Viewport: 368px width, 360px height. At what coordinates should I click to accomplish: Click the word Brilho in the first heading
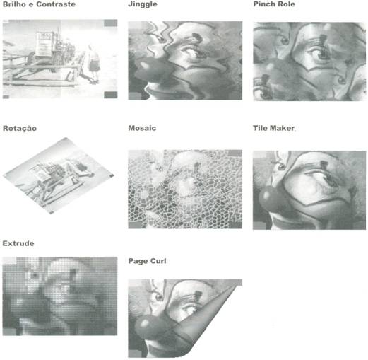[14, 4]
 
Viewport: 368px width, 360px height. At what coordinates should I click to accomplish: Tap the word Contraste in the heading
[56, 4]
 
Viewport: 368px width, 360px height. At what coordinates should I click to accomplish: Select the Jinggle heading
[143, 4]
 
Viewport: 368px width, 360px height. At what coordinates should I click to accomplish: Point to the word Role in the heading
[286, 4]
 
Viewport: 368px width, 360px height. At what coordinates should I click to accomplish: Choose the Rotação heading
[20, 129]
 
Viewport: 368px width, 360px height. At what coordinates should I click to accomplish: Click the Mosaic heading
[142, 128]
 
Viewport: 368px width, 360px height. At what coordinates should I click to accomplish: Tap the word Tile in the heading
[260, 128]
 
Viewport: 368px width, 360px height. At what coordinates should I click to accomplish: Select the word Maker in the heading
[282, 128]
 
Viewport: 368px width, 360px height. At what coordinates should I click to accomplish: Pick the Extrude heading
[18, 243]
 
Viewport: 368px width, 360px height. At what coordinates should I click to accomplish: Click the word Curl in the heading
[158, 261]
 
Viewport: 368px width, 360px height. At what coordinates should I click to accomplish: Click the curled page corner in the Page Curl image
[207, 316]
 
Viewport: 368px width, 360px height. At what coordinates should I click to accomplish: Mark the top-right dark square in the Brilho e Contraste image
[111, 23]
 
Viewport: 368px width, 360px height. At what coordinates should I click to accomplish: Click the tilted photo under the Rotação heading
[59, 175]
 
